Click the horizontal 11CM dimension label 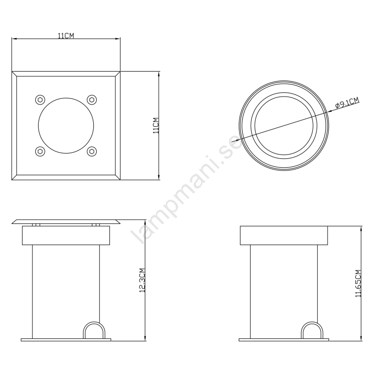[66, 36]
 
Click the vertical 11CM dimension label [156, 125]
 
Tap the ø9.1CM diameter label [347, 103]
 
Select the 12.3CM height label [142, 280]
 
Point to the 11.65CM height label [358, 284]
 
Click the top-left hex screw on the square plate [40, 99]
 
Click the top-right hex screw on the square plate [91, 99]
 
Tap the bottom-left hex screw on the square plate [40, 151]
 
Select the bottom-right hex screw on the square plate [91, 151]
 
